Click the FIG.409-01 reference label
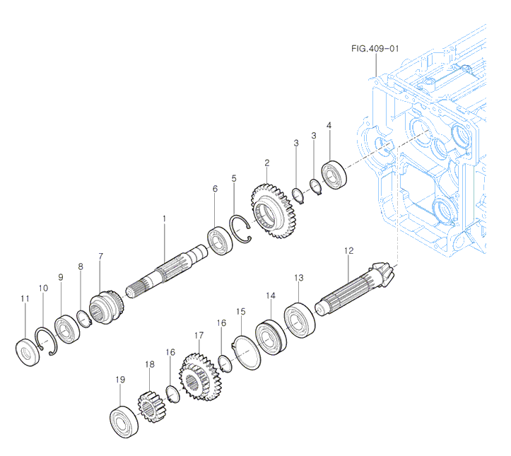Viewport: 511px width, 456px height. pyautogui.click(x=375, y=49)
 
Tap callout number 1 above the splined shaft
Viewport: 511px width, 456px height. pyautogui.click(x=163, y=219)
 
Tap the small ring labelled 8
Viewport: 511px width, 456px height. pyautogui.click(x=84, y=318)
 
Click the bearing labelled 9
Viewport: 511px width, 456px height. pyautogui.click(x=66, y=329)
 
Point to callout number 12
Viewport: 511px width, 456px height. pyautogui.click(x=348, y=251)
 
